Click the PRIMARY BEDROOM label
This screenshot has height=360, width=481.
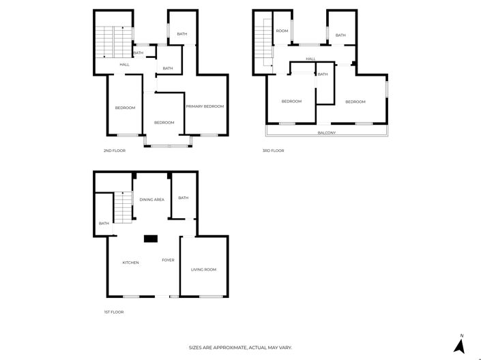(205, 106)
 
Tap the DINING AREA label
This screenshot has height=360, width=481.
(151, 200)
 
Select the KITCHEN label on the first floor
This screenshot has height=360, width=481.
(130, 262)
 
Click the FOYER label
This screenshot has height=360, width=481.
(168, 260)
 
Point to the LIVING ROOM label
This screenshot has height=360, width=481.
(203, 269)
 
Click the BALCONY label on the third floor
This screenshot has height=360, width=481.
(326, 132)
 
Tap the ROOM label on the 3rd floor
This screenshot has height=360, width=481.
(282, 31)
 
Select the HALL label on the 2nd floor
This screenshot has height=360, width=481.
(124, 65)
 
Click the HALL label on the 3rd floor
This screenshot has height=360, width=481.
(310, 59)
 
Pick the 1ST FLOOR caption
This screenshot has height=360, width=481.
(114, 312)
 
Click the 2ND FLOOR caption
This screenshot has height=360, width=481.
(114, 150)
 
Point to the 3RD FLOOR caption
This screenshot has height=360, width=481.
(273, 150)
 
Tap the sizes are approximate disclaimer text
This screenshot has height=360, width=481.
(240, 347)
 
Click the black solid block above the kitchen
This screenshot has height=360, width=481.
(150, 238)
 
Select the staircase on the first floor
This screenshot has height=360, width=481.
(122, 207)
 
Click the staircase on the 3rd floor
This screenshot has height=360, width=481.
(263, 44)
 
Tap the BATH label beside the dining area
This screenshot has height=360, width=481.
(183, 198)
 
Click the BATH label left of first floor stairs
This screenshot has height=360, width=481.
(104, 223)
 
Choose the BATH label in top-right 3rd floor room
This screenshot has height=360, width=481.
(340, 35)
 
